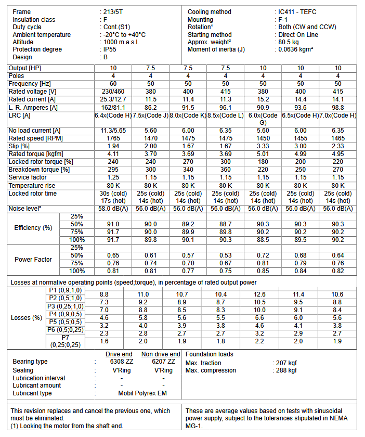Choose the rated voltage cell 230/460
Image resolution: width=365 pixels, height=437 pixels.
point(113,92)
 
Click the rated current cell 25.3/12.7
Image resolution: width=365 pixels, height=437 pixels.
point(113,99)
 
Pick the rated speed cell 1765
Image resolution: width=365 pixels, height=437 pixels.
point(113,138)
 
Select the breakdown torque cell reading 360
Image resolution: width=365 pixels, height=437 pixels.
point(226,170)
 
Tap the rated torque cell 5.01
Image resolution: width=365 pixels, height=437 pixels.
point(263,154)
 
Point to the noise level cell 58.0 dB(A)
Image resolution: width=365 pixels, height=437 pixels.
point(113,208)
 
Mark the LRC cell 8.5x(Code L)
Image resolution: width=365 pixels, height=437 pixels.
point(226,115)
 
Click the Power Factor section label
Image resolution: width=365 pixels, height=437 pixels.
point(33,259)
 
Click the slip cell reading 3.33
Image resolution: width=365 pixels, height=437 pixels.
point(263,146)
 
